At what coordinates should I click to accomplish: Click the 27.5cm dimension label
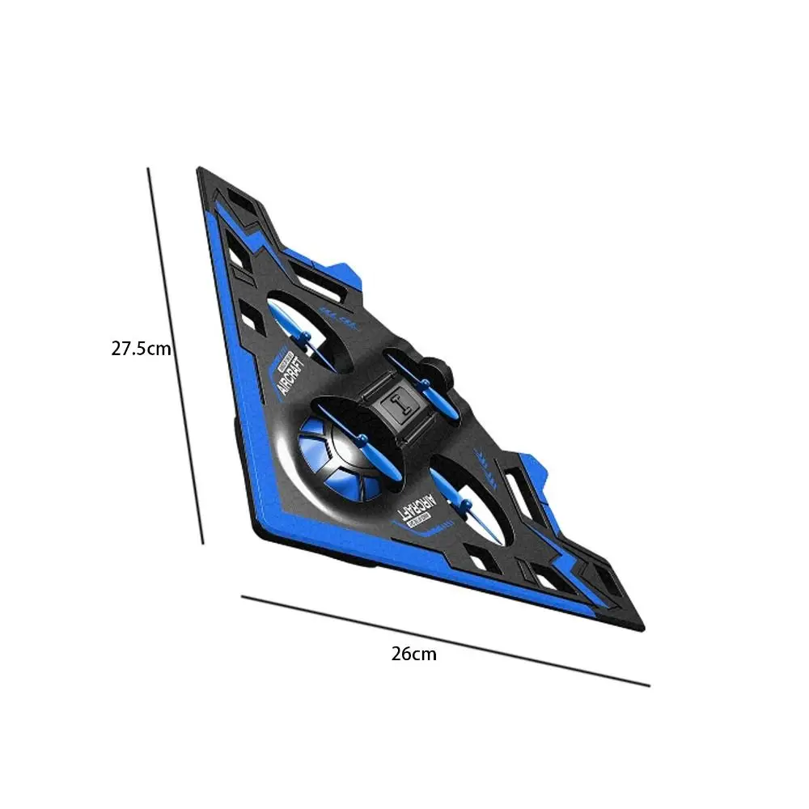[x=141, y=349]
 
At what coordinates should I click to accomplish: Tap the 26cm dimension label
[x=413, y=654]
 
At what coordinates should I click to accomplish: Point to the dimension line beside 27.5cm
[x=175, y=356]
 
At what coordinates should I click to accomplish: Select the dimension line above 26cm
[x=445, y=641]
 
